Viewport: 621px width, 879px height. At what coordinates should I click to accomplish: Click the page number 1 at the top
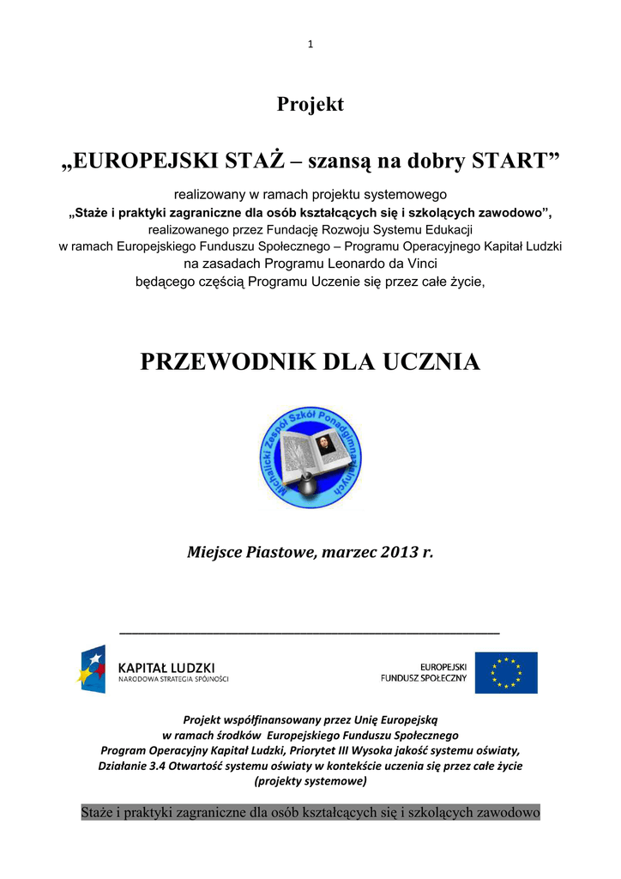click(310, 45)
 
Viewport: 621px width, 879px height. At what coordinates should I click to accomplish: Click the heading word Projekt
click(310, 105)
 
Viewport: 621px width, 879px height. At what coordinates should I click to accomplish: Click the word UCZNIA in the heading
click(435, 362)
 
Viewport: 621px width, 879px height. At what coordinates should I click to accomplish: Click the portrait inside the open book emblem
click(323, 445)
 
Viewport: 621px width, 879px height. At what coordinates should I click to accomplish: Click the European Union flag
click(506, 673)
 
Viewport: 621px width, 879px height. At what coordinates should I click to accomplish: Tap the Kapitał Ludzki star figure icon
click(92, 670)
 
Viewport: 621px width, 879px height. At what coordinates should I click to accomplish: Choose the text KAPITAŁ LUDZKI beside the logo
click(166, 667)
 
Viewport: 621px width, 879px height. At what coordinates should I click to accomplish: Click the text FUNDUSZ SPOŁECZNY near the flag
click(424, 678)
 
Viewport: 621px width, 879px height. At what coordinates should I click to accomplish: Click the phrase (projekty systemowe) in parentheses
click(310, 781)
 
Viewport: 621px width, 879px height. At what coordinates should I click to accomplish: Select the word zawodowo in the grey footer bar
click(500, 812)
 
